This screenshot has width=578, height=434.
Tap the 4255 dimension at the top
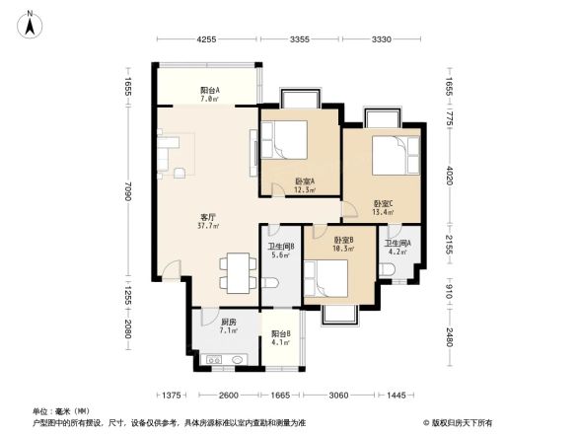[x=206, y=39]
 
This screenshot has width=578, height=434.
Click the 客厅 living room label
[x=208, y=221]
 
